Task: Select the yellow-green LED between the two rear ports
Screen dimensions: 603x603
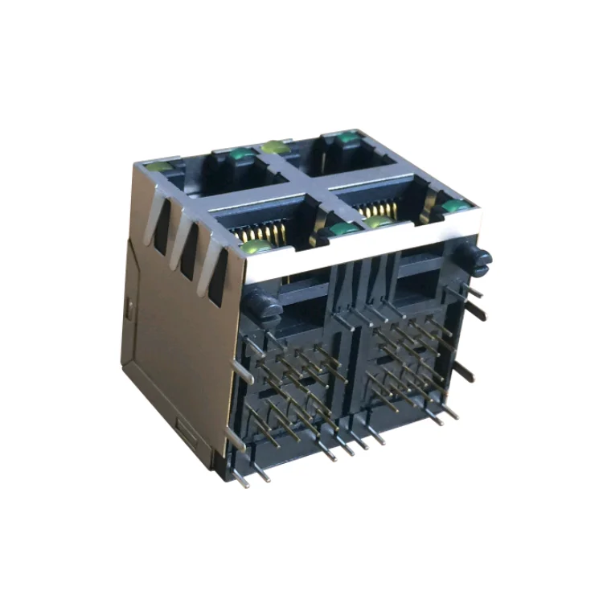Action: click(276, 147)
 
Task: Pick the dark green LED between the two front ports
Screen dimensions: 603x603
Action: click(345, 232)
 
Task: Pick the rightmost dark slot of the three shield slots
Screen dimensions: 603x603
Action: click(215, 277)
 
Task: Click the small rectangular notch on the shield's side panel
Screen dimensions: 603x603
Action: click(129, 306)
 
